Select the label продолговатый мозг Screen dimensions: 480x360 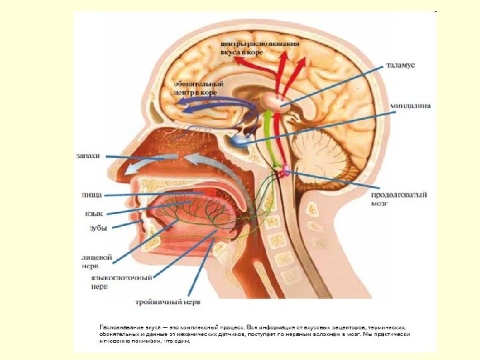pos(399,199)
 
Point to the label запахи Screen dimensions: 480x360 pos(87,156)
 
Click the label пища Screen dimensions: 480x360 pos(91,195)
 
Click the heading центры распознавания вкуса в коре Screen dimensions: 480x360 pos(259,47)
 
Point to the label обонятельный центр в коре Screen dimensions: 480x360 pos(198,88)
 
